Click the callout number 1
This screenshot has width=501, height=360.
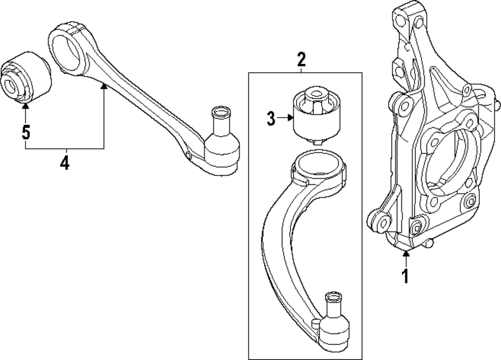tap(406, 275)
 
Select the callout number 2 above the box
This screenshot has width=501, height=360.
tap(301, 60)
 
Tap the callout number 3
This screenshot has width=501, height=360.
tap(271, 119)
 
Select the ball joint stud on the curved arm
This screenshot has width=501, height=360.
tap(333, 305)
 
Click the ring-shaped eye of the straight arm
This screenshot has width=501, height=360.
tap(67, 46)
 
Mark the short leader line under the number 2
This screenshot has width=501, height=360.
tap(301, 70)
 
